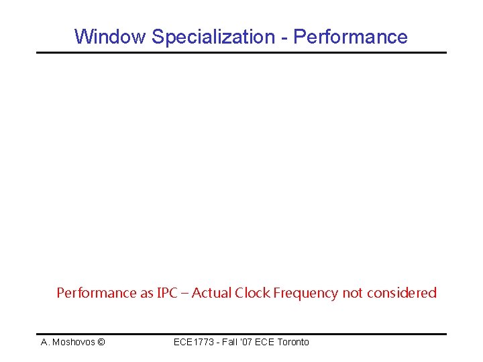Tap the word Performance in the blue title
coord(350,37)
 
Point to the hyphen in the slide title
coord(284,38)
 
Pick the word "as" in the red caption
coord(146,293)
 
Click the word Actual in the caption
coord(211,293)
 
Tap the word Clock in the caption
coord(252,293)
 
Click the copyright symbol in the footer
coord(101,343)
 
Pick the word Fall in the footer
coord(230,343)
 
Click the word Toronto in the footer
coord(293,343)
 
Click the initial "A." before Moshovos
coord(45,343)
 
